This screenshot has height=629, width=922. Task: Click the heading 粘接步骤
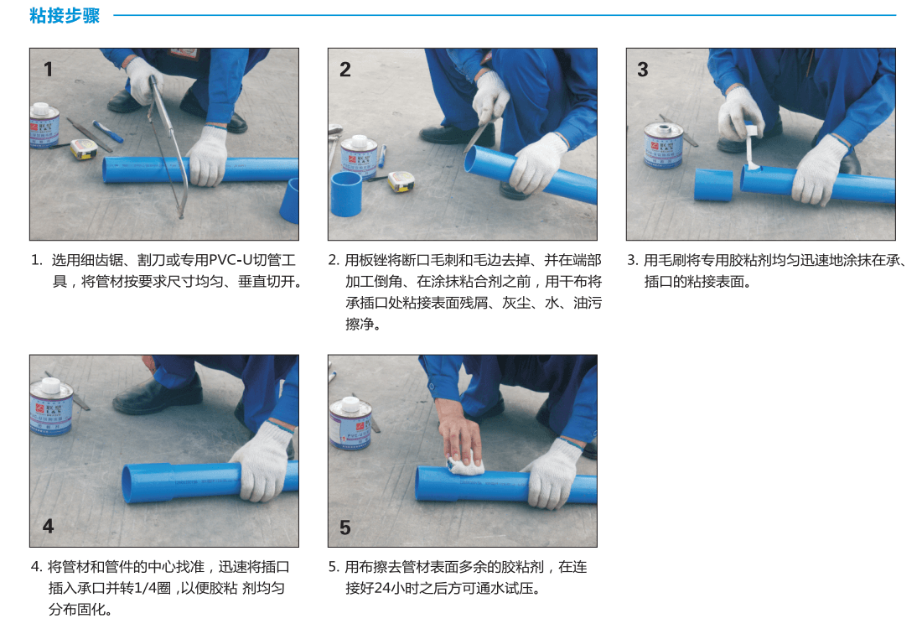coord(65,15)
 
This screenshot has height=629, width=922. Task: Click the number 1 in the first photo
coord(49,70)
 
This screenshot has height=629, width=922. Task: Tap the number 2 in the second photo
coord(345,70)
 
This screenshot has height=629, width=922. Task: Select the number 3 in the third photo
coord(643,70)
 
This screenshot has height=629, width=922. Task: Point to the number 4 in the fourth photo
coord(49,526)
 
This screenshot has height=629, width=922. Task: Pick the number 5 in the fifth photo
coord(345,528)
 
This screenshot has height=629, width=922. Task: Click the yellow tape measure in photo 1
coord(84,149)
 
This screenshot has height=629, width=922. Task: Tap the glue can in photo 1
coord(44,125)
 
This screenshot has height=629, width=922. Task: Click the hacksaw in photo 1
coord(168,144)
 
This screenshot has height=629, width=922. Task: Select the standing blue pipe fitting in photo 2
coord(345,194)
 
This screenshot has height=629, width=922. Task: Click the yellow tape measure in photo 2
coord(401,181)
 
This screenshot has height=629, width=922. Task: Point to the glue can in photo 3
coord(663,144)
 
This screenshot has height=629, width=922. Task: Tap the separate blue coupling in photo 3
coord(713,185)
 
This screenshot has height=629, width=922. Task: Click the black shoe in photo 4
coord(158,394)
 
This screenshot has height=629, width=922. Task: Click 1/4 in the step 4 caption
coord(145,588)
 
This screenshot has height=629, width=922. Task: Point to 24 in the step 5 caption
coord(381,588)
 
